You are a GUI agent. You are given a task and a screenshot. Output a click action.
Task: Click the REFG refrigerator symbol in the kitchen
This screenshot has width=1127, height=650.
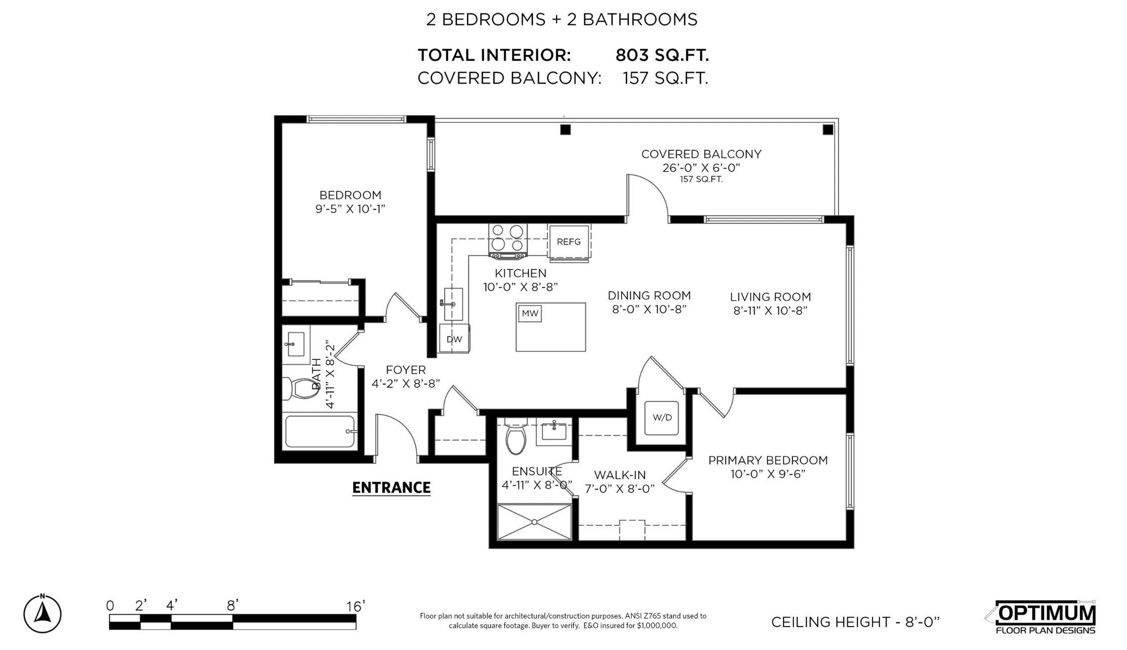click(x=569, y=242)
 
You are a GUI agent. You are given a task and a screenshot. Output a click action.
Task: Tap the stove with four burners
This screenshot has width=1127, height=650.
click(x=508, y=241)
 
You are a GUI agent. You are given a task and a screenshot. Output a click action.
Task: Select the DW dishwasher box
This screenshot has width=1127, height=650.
click(x=454, y=339)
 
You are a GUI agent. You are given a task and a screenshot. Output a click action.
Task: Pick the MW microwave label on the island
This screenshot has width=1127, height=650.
click(x=530, y=314)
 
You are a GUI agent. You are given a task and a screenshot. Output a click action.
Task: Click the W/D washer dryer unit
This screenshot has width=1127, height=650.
click(x=662, y=418)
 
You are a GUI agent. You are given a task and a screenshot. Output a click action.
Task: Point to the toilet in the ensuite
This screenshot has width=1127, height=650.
click(x=515, y=436)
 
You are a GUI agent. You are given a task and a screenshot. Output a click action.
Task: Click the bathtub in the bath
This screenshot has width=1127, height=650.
click(x=321, y=432)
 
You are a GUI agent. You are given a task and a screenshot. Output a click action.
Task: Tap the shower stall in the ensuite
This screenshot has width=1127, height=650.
click(x=534, y=522)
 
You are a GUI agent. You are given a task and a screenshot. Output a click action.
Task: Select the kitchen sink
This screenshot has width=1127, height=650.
click(x=452, y=304)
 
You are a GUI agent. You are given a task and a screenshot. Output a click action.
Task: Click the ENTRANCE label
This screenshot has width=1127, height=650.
click(x=391, y=488)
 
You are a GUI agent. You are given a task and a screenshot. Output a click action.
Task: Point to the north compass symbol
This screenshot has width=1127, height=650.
click(x=42, y=614)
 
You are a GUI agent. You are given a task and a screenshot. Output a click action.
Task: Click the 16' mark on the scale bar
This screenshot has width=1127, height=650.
click(x=356, y=606)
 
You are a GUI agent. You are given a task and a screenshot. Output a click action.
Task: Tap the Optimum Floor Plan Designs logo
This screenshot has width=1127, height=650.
click(x=1041, y=618)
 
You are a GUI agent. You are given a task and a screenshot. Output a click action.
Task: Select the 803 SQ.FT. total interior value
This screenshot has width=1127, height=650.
click(x=662, y=55)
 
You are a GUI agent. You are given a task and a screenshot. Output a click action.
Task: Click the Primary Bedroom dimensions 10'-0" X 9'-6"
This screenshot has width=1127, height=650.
click(x=768, y=474)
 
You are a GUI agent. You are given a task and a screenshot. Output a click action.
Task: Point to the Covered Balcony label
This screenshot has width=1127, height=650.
click(x=701, y=154)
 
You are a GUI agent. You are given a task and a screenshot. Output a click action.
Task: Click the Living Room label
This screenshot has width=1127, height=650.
click(x=771, y=297)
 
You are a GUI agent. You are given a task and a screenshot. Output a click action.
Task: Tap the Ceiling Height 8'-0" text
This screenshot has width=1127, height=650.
click(x=855, y=622)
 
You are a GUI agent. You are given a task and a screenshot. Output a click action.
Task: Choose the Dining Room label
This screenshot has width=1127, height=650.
click(x=649, y=296)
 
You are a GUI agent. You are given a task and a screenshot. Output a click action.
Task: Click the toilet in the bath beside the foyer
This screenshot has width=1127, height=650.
click(x=301, y=389)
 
